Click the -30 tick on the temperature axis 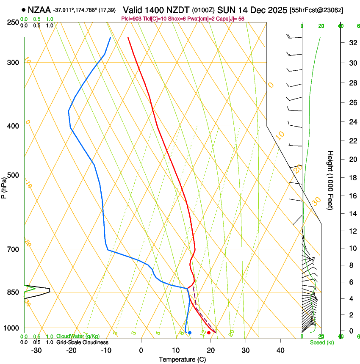(x=36, y=350)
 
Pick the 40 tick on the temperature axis (x=280, y=350)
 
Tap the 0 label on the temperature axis (x=141, y=350)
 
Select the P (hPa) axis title (x=4, y=186)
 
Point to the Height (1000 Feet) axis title (x=330, y=180)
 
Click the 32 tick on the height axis (x=352, y=43)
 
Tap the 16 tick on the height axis (x=352, y=196)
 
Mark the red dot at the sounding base (x=209, y=333)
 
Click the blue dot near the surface (x=190, y=333)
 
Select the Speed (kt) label (x=321, y=342)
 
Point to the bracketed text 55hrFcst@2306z (x=316, y=10)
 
